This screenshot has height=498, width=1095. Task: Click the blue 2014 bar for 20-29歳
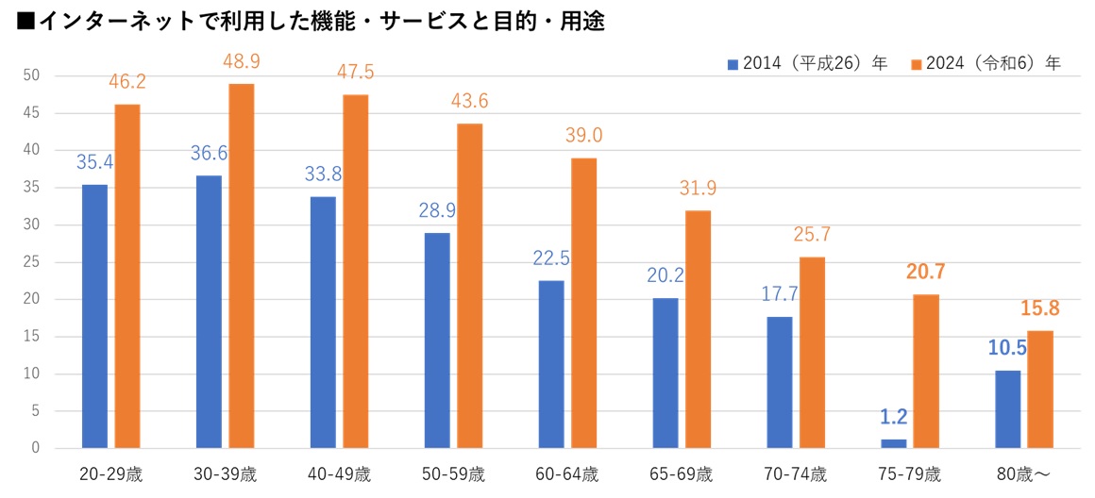click(x=94, y=316)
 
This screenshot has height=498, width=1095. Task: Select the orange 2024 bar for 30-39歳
click(x=242, y=266)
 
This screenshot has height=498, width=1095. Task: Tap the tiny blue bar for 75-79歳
click(x=894, y=443)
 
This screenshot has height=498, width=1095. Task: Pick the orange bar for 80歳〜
click(x=1040, y=390)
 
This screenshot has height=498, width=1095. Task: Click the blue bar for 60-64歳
click(x=551, y=364)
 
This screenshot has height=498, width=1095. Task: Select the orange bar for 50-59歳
click(x=469, y=286)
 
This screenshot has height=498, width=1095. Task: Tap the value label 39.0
click(x=583, y=136)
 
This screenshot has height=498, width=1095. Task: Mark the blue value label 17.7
click(x=781, y=294)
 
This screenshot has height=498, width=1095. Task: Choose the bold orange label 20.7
click(x=926, y=273)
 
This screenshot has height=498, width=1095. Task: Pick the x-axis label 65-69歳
click(x=682, y=473)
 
